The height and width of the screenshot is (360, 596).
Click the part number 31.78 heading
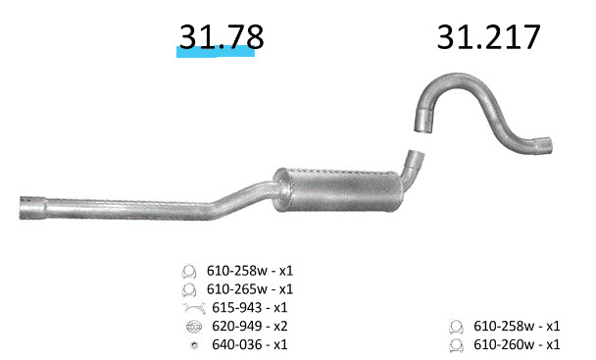(222, 36)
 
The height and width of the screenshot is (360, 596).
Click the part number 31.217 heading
(489, 36)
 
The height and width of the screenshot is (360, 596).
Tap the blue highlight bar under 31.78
(216, 52)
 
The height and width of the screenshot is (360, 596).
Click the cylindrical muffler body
(338, 190)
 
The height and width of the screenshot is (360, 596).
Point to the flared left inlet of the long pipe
(32, 208)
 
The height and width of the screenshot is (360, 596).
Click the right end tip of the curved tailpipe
(549, 144)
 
